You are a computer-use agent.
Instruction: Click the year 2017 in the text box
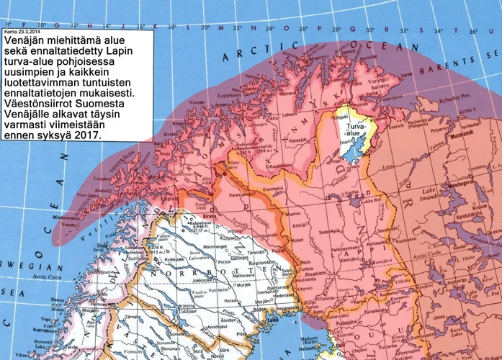pyautogui.click(x=86, y=135)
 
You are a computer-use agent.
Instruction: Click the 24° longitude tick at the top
pyautogui.click(x=269, y=29)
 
